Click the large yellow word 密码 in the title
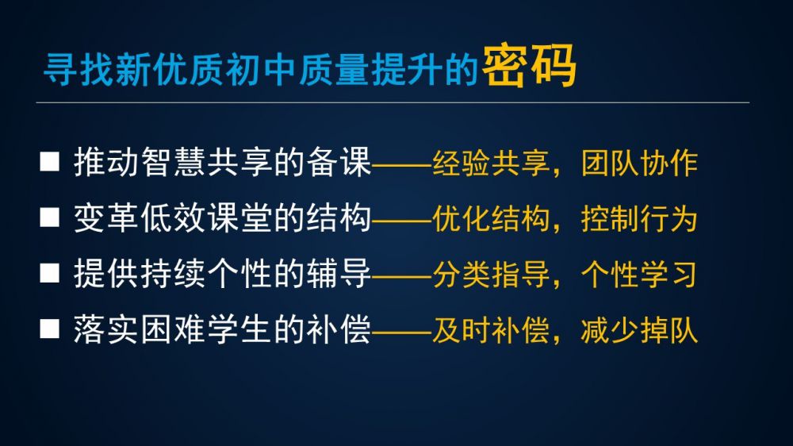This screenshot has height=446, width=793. [529, 65]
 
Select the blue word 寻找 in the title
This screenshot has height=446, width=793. [79, 69]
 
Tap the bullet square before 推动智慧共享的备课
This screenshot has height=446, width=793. [49, 162]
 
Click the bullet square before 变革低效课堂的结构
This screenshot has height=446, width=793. [49, 217]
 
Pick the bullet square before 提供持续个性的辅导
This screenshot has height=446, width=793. [49, 273]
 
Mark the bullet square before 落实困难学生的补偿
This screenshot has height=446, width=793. [49, 329]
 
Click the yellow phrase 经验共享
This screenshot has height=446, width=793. [491, 163]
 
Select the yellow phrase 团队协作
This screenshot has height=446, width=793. [640, 163]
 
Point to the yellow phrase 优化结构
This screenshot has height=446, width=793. [491, 219]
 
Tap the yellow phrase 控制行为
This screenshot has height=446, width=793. [640, 219]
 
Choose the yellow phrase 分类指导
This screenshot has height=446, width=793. [491, 275]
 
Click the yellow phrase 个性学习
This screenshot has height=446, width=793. [640, 275]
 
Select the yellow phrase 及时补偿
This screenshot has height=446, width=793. [491, 330]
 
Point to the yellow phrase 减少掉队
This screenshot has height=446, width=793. [640, 330]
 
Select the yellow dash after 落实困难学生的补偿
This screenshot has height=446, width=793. [402, 332]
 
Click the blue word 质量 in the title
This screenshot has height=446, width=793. [333, 69]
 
